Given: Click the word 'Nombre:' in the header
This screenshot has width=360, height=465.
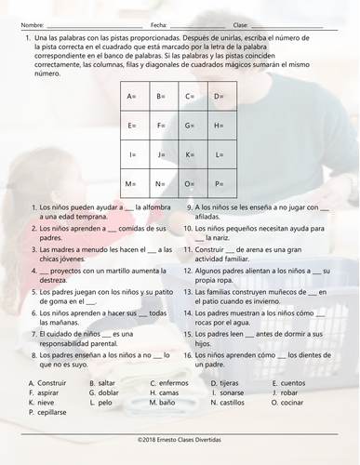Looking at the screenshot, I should [32, 23].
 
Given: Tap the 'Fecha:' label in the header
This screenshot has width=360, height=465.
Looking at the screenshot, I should [158, 23].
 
